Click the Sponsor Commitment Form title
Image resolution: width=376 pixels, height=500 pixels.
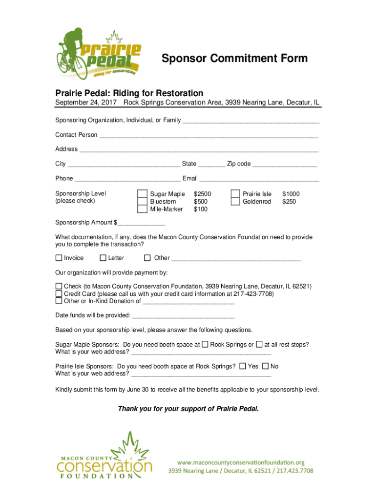(x=234, y=59)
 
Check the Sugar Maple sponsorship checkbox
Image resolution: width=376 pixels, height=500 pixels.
(x=142, y=194)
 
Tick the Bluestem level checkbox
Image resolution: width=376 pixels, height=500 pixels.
(x=142, y=202)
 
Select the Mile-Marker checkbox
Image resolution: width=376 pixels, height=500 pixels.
(x=142, y=209)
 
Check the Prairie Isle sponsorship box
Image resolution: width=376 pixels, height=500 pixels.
(x=235, y=194)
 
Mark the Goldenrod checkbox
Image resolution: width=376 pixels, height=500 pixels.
(x=235, y=202)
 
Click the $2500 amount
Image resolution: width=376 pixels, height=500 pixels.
(x=203, y=194)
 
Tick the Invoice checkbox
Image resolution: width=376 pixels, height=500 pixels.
(x=59, y=258)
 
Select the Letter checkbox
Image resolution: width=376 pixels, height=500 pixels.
(x=103, y=258)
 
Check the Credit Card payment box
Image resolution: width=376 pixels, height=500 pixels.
(x=59, y=294)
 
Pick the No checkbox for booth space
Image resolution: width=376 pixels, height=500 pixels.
(x=266, y=366)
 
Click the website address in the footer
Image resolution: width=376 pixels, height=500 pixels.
(x=241, y=462)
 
